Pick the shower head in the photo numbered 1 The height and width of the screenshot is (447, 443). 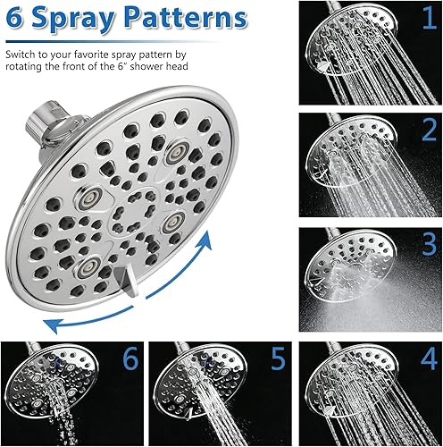coord(344,40)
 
